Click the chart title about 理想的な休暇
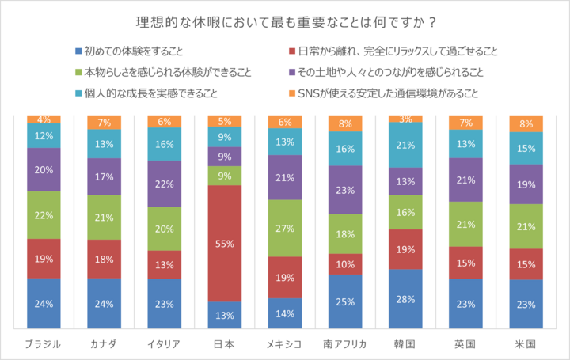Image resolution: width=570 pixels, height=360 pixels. click(x=284, y=19)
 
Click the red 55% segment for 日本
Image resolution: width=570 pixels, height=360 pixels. click(x=224, y=244)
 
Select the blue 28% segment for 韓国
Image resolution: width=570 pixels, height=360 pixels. click(x=405, y=299)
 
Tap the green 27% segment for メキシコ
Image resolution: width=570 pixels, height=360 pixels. click(x=284, y=228)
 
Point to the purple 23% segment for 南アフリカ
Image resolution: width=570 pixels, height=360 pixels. click(x=344, y=190)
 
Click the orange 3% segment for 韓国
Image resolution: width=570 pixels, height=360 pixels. click(x=405, y=119)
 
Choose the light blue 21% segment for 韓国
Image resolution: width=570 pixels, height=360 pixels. click(x=405, y=145)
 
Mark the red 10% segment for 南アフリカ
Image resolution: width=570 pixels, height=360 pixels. click(x=344, y=264)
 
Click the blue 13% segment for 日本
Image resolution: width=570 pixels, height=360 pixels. click(x=224, y=315)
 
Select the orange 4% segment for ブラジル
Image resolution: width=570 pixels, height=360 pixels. click(x=44, y=119)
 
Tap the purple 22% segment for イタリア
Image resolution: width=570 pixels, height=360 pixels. click(x=164, y=184)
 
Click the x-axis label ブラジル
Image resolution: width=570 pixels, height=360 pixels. click(x=44, y=344)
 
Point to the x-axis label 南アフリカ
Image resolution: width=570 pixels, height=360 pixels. click(x=344, y=344)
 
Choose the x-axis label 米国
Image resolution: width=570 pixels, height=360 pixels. click(x=525, y=344)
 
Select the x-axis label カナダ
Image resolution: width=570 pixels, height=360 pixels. click(x=104, y=344)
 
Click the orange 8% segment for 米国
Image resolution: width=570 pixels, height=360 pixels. click(x=525, y=123)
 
